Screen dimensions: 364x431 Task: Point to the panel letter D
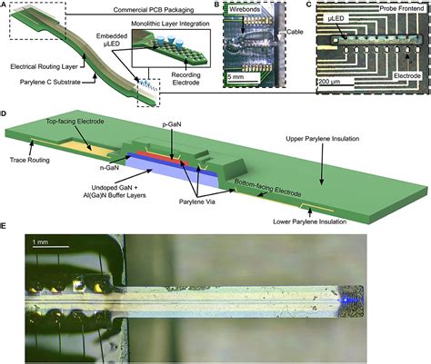(5, 115)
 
